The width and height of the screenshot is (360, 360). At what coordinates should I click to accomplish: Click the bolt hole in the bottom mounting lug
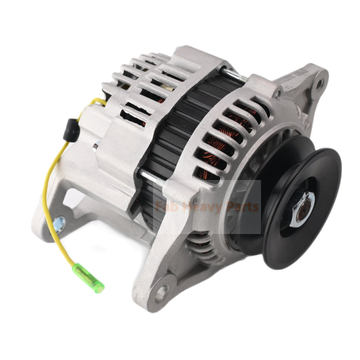tap(161, 293)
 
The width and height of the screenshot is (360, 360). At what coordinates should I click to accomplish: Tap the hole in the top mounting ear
tap(319, 83)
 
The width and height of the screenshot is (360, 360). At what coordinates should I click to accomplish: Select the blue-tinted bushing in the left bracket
tap(58, 222)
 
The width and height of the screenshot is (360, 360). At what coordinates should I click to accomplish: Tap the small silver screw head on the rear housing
tap(96, 146)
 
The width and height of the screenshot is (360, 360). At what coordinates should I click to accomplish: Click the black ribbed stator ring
tap(180, 135)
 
